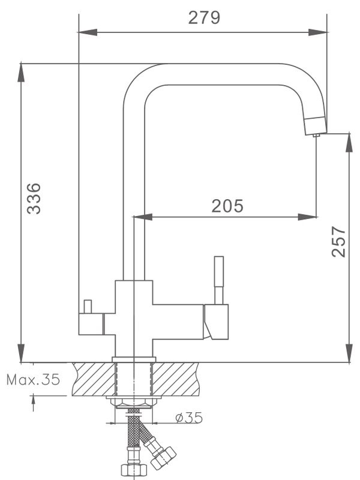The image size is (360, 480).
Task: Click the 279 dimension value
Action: point(204,17)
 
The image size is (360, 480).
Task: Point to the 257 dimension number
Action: point(339,242)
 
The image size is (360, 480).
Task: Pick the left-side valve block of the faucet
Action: point(91,324)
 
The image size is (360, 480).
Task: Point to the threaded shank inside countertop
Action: point(133,378)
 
